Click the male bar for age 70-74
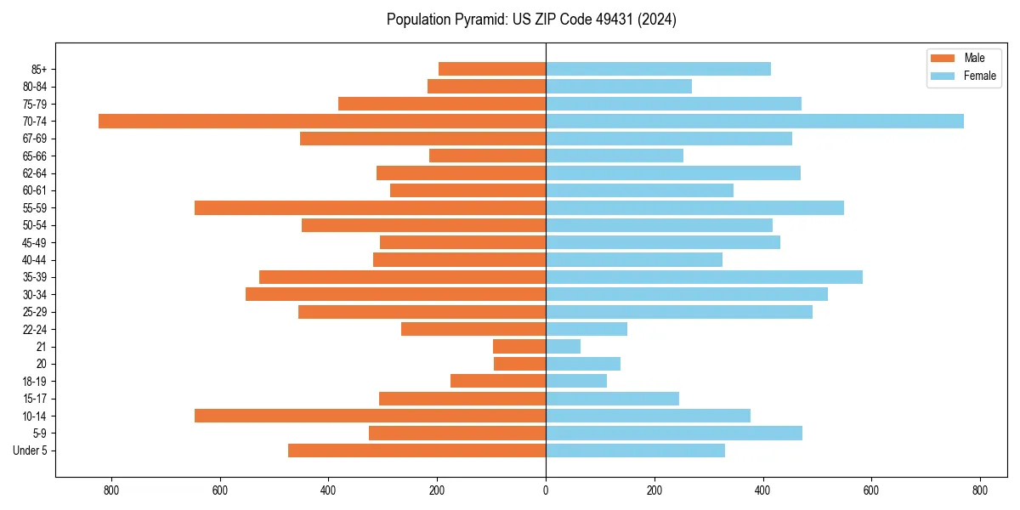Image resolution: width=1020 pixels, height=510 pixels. pos(322,121)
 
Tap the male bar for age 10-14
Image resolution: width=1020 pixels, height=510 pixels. pos(370,416)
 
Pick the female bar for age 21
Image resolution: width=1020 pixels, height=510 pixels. pos(563,346)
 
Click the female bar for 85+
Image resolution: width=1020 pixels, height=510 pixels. pos(658,69)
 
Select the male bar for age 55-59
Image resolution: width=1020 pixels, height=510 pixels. pos(370,207)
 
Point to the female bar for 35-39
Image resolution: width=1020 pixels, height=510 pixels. pos(704,277)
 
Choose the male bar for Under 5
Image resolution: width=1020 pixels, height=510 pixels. pos(416,450)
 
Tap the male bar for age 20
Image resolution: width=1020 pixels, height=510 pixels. pos(519,364)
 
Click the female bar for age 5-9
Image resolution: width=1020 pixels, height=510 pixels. pos(674,433)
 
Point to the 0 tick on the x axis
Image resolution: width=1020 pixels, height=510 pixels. pos(546,490)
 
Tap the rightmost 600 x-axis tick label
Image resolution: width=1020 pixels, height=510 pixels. pos(871,490)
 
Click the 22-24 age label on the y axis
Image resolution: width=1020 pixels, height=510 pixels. pos(34,329)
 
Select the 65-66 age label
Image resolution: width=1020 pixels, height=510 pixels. pos(34,156)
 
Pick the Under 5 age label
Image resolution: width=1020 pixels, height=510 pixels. pos(30,450)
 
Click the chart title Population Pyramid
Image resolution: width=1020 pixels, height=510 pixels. pos(531,20)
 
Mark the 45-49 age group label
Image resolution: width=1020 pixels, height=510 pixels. pos(34,242)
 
